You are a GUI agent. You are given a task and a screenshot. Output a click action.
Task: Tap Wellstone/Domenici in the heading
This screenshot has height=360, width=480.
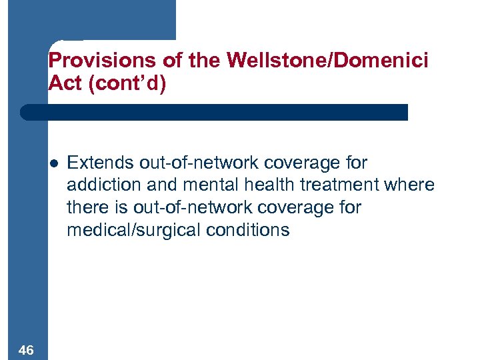pyautogui.click(x=327, y=61)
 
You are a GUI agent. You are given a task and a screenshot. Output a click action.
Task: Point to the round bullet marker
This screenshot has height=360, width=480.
pyautogui.click(x=54, y=163)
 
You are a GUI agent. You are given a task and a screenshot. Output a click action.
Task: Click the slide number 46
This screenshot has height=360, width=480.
pyautogui.click(x=27, y=350)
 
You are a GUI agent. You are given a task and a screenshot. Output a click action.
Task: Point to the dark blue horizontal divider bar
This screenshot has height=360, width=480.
pyautogui.click(x=213, y=112)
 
